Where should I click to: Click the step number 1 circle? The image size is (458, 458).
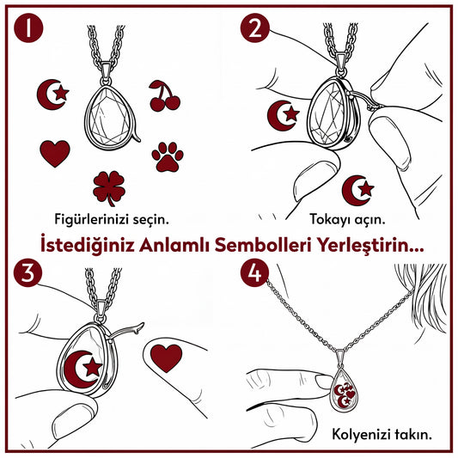click(28, 28)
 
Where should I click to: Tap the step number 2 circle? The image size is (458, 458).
click(254, 28)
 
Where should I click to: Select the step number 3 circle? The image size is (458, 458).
click(27, 272)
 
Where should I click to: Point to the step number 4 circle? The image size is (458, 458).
click(254, 272)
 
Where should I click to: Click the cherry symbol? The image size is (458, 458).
click(165, 95)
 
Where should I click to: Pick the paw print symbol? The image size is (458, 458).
click(168, 157)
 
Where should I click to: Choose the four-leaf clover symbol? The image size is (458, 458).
click(109, 188)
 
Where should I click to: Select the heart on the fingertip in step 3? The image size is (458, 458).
click(166, 358)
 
